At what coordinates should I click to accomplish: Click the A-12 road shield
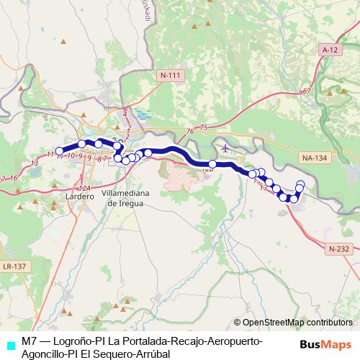[330, 50]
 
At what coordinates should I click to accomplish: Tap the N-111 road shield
[171, 75]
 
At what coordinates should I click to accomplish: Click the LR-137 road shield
[14, 266]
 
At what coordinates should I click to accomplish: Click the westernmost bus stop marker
[60, 151]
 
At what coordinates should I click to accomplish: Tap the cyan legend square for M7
[10, 346]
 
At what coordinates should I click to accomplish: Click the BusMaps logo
[325, 345]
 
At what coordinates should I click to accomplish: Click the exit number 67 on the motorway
[307, 91]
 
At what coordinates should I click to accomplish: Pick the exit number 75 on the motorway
[204, 127]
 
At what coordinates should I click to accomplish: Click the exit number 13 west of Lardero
[34, 164]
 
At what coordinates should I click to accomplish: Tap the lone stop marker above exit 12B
[212, 163]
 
